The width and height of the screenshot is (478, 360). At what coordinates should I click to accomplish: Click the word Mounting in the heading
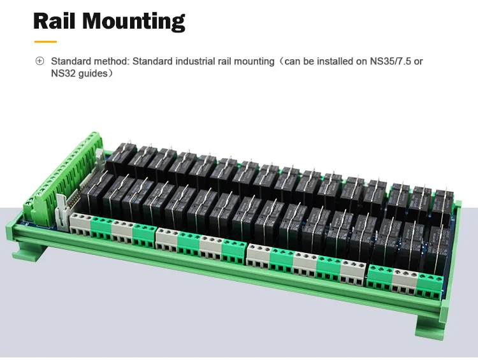tap(136, 21)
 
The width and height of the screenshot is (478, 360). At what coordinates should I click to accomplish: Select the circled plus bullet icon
tap(40, 62)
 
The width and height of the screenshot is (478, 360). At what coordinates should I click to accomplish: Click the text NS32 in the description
tap(64, 73)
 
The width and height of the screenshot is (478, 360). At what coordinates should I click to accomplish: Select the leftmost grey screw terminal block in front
tap(81, 224)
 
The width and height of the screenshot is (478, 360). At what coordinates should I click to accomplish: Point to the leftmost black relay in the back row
tap(120, 158)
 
